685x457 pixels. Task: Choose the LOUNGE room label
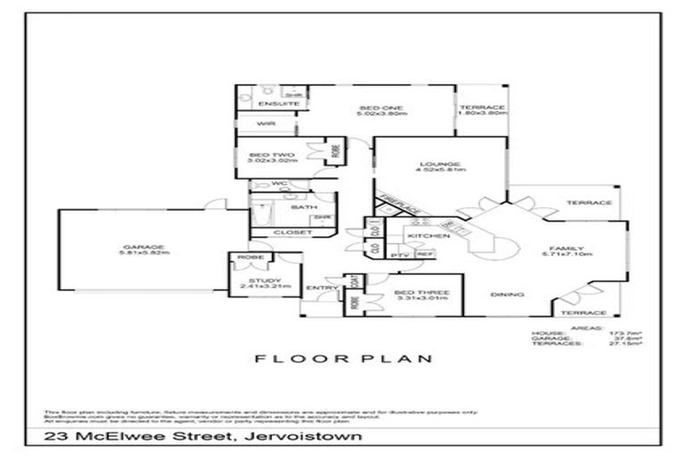coord(441,164)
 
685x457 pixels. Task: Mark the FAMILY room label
coord(566,248)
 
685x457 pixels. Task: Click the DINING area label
coord(507,295)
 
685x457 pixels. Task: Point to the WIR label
coord(264,123)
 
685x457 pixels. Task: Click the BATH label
coord(299,207)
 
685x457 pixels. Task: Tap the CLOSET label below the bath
coord(298,232)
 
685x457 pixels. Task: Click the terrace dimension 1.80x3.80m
coord(483,114)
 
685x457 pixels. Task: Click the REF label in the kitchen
coord(425,255)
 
